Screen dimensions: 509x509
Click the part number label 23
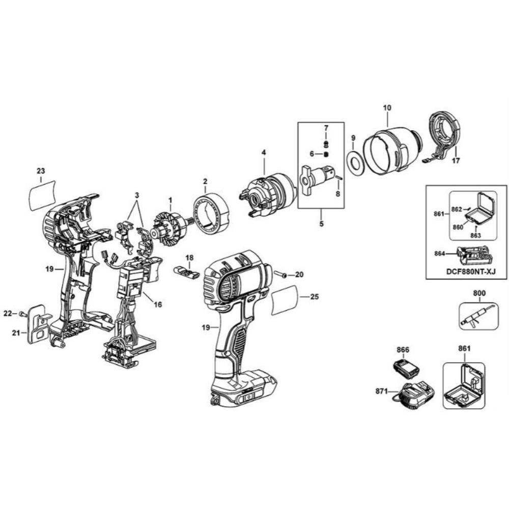[x=41, y=171]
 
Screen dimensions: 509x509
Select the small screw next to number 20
[x=280, y=275]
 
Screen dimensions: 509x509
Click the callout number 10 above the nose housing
[x=387, y=107]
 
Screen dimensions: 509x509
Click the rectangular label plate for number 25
[x=285, y=300]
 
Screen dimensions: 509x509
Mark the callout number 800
[x=479, y=293]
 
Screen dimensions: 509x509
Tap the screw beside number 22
[x=22, y=314]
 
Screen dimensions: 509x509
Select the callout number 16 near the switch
[x=158, y=304]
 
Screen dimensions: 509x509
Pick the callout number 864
[x=440, y=253]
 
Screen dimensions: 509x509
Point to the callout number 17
[x=456, y=160]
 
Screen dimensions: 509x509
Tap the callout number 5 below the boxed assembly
[x=321, y=223]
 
